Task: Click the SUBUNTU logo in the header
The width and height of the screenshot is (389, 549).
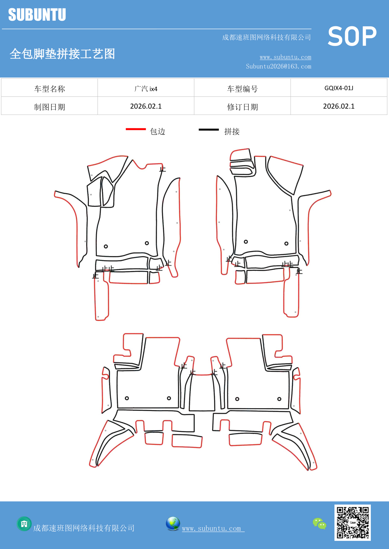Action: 37,15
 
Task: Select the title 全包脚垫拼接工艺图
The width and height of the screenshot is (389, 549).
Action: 62,54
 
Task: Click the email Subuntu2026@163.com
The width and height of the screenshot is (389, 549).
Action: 278,66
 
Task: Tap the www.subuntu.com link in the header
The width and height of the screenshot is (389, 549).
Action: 285,57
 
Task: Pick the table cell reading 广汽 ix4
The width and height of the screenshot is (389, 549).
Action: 146,89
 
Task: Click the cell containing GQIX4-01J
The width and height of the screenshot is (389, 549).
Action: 339,88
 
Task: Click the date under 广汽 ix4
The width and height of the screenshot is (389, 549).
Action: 146,106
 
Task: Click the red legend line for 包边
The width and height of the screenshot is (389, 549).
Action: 136,129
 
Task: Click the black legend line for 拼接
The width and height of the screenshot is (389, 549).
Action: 209,129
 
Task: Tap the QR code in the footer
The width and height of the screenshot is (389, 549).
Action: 352,522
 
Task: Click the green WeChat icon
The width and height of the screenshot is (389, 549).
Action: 319,523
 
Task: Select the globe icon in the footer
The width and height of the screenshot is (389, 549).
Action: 173,523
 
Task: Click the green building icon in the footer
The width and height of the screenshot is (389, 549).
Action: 24,524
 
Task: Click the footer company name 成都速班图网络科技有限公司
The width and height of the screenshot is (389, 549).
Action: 84,528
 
